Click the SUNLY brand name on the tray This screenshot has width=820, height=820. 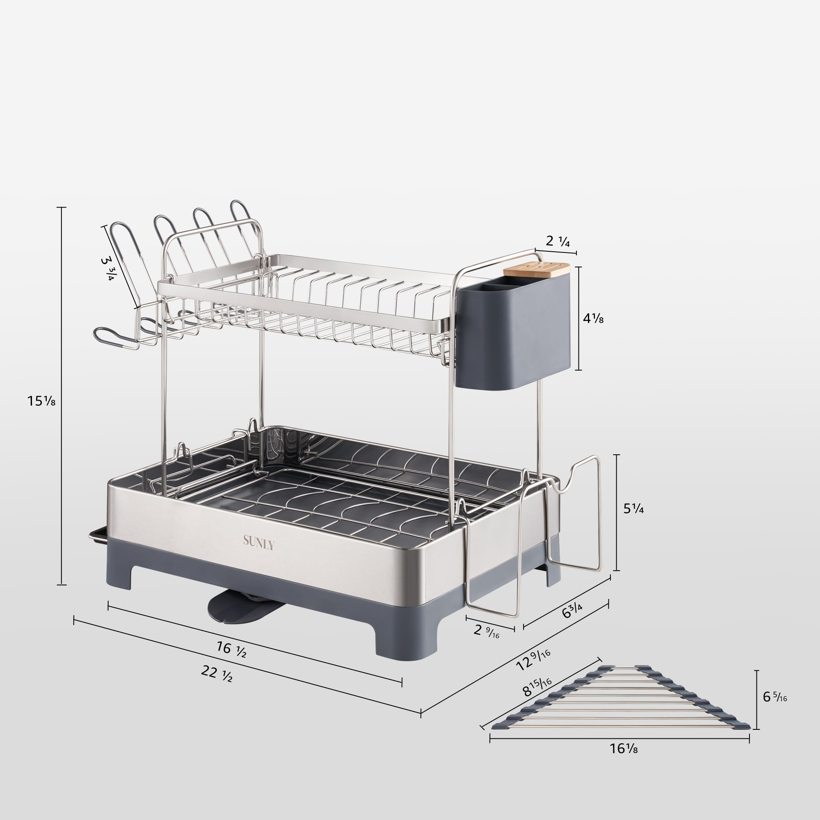[258, 542]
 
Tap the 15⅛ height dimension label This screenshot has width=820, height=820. [41, 400]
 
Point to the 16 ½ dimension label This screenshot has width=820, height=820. [231, 649]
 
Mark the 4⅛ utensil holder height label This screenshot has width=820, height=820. [593, 318]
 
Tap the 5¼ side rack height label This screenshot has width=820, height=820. [633, 509]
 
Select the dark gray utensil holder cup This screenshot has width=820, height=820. [514, 335]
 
